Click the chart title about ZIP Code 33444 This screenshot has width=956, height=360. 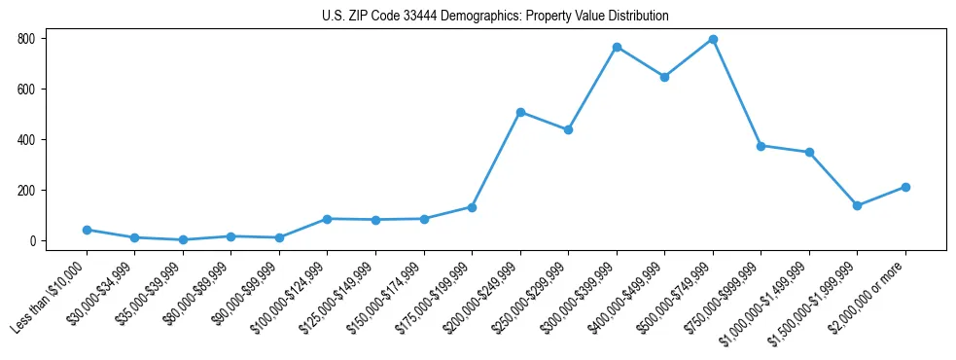tap(495, 17)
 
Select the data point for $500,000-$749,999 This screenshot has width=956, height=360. tap(713, 40)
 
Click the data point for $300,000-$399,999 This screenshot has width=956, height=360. tap(617, 47)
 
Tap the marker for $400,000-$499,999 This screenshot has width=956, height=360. tap(664, 77)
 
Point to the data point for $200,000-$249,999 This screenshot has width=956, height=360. tap(520, 112)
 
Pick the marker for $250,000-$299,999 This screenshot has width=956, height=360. tap(568, 129)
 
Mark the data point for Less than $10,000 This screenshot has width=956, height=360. tap(87, 230)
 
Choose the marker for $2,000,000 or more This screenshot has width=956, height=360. tap(905, 187)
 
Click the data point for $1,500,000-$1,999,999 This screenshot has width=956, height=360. tap(857, 205)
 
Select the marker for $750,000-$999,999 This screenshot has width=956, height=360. tap(761, 146)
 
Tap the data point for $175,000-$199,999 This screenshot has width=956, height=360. tap(472, 207)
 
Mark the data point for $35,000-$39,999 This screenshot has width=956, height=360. tap(183, 239)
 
